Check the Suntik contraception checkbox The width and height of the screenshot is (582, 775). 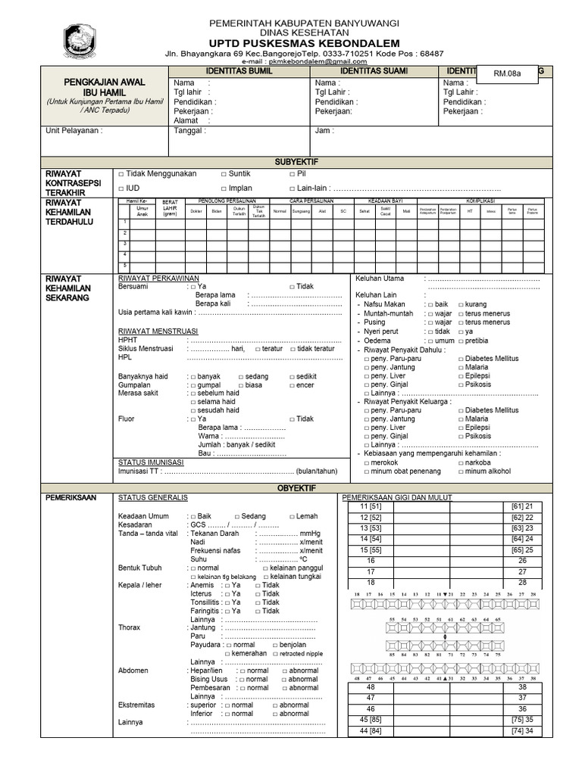(224, 174)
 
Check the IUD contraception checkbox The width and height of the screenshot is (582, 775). (121, 188)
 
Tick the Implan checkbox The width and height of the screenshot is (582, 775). (224, 188)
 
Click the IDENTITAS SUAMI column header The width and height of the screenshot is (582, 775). (374, 70)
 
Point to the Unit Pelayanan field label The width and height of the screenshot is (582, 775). (74, 130)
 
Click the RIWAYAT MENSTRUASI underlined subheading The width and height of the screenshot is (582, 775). (158, 331)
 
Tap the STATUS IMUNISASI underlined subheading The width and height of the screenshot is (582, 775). (152, 462)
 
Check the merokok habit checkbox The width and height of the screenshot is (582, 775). (368, 462)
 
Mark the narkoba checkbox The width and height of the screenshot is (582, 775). (461, 462)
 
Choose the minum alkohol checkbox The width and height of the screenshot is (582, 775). (461, 472)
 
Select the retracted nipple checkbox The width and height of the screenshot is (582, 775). (274, 653)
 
